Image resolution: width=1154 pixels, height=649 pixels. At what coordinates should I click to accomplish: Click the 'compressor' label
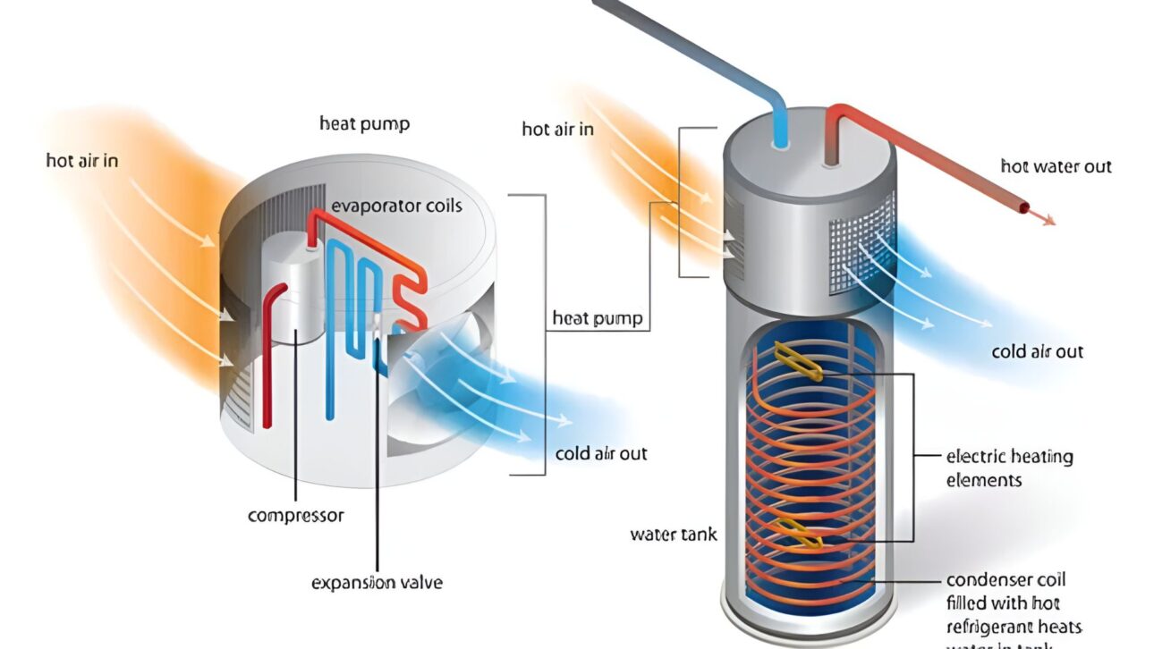(x=295, y=516)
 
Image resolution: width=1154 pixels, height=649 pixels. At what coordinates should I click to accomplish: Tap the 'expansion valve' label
(x=377, y=583)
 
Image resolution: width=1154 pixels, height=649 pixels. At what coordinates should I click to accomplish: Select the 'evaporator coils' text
(x=396, y=206)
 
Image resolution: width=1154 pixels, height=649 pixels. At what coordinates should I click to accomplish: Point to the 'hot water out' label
(x=1056, y=166)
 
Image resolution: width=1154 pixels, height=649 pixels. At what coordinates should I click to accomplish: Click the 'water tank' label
(x=674, y=535)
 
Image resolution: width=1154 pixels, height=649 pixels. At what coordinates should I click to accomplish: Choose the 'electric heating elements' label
(x=1009, y=468)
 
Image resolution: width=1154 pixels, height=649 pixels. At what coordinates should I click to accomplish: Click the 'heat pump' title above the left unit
(x=364, y=123)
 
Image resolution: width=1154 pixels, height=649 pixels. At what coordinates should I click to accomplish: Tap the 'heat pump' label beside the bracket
(x=597, y=318)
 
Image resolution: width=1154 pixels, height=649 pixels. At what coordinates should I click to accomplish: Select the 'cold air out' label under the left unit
(x=600, y=453)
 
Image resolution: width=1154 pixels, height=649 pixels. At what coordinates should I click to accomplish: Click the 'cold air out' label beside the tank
(x=1037, y=351)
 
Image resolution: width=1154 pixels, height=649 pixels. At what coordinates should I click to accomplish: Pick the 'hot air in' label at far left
(x=82, y=161)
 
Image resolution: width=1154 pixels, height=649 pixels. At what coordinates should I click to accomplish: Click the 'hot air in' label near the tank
(x=557, y=130)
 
